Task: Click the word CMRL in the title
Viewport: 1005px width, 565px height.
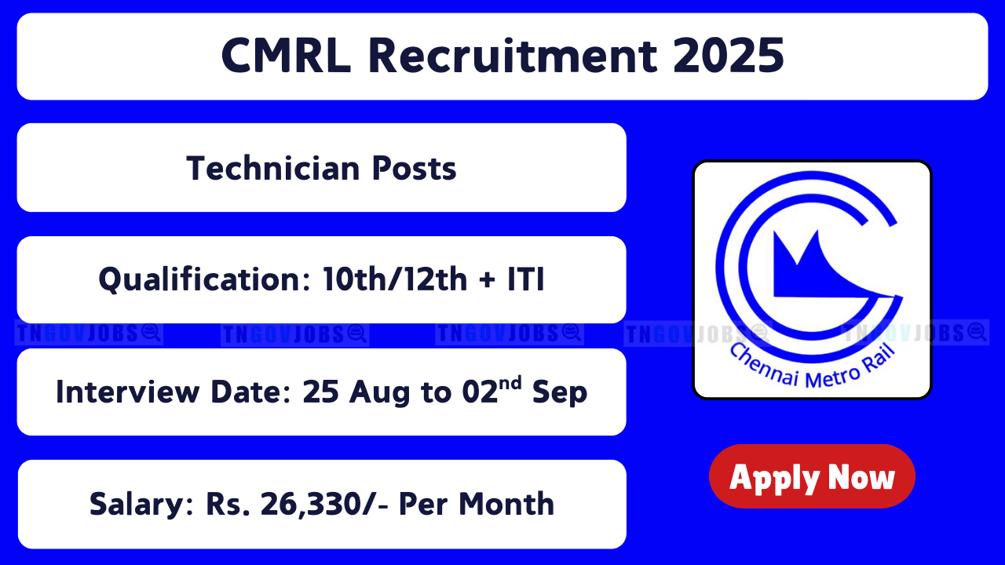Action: point(287,56)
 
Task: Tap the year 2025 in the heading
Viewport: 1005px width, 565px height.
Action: point(729,56)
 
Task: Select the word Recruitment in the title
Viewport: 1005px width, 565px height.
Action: point(513,56)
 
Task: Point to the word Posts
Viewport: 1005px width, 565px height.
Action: point(414,168)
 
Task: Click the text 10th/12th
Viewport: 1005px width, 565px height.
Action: point(395,279)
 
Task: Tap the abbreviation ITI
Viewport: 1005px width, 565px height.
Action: point(526,279)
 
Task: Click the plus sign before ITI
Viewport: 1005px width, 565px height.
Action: point(488,280)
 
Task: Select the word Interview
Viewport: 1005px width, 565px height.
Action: point(127,392)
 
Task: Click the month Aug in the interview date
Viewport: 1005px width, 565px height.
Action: point(379,393)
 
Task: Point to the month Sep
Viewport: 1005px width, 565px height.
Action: point(560,393)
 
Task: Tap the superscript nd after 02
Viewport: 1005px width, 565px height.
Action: point(510,384)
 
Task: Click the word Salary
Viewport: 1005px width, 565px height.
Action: point(141,505)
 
